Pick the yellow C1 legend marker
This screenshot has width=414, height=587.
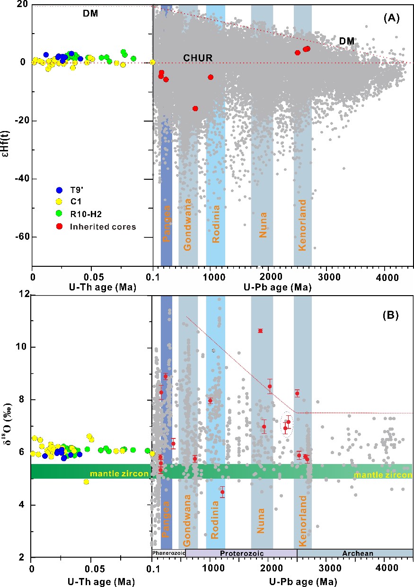tap(60, 202)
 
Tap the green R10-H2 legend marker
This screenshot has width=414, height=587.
tap(60, 214)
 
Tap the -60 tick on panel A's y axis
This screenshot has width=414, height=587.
tap(20, 237)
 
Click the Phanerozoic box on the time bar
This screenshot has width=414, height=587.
tap(168, 553)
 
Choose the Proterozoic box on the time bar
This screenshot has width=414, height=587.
tap(241, 553)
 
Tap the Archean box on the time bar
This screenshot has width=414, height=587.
tap(355, 553)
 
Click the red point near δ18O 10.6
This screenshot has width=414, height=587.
tap(260, 331)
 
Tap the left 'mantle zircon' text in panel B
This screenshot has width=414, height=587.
tap(119, 473)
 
